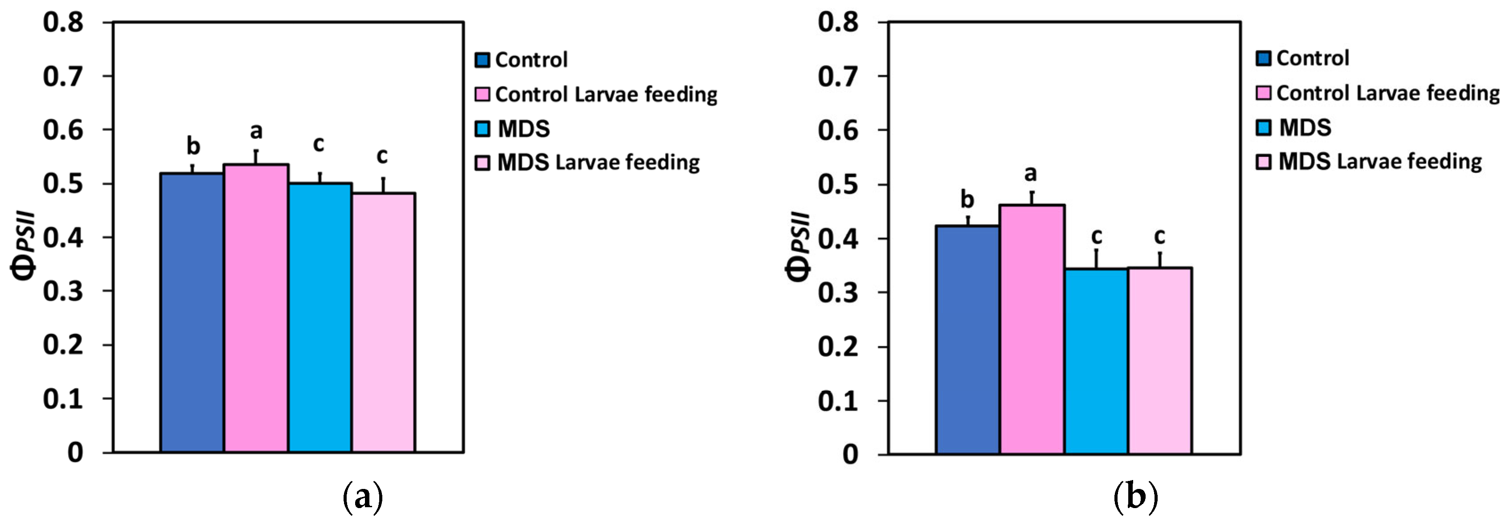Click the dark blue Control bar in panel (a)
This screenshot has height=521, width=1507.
(192, 313)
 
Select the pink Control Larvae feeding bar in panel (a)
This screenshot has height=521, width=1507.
(256, 308)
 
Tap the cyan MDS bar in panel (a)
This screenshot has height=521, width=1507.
(319, 317)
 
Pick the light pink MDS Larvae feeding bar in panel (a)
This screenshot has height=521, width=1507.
(383, 322)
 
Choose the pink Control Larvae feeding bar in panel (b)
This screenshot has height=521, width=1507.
(1032, 329)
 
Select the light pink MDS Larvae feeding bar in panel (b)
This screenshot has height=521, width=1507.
(1159, 360)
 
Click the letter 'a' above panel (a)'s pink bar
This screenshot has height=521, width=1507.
(256, 131)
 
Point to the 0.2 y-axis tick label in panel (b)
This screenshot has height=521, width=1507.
(838, 347)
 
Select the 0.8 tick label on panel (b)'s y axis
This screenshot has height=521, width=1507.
(838, 22)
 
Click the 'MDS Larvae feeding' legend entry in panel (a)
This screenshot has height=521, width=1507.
(598, 163)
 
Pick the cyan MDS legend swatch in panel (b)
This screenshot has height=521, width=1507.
(1264, 127)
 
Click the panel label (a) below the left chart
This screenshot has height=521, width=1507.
(363, 497)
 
